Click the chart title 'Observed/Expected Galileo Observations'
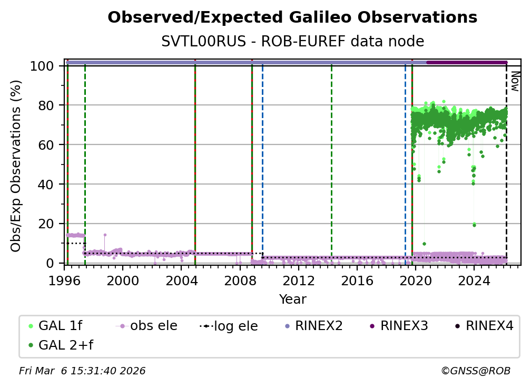pyautogui.click(x=292, y=17)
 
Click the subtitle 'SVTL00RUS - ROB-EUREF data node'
pyautogui.click(x=292, y=41)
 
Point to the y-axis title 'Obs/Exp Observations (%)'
pyautogui.click(x=16, y=166)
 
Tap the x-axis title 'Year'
pyautogui.click(x=292, y=299)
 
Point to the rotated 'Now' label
pyautogui.click(x=515, y=81)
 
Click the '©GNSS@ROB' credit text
pyautogui.click(x=475, y=371)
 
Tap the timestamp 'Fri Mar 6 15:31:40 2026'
pyautogui.click(x=82, y=371)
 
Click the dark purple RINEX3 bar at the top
pyautogui.click(x=466, y=62)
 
